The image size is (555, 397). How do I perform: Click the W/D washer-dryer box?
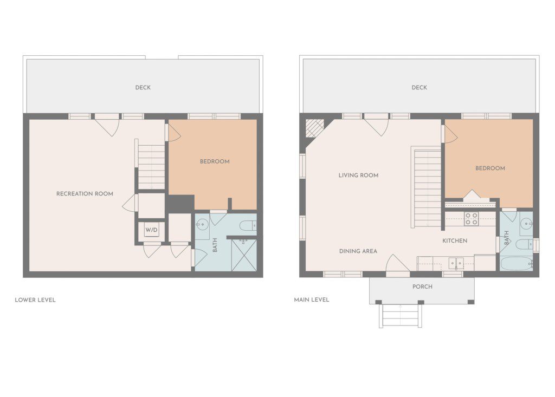point(151,230)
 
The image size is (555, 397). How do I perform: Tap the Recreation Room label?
point(85,193)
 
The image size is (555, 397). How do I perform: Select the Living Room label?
point(358,175)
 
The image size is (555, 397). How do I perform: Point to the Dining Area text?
point(358,251)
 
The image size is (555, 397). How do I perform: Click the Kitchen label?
point(455,240)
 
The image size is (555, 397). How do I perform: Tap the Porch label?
point(422,287)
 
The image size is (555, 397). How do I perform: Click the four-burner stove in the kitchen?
point(471,219)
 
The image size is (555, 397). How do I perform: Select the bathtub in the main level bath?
point(516,264)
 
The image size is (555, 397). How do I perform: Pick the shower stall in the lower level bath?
point(244,255)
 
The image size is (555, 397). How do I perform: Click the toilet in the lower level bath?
point(248,225)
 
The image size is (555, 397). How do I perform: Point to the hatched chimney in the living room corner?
point(314,128)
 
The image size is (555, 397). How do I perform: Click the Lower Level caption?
point(35,300)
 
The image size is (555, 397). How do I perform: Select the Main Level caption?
point(312,300)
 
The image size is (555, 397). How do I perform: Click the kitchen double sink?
point(456,263)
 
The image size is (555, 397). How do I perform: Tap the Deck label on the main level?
point(419,87)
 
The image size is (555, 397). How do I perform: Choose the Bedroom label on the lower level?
point(215,161)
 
